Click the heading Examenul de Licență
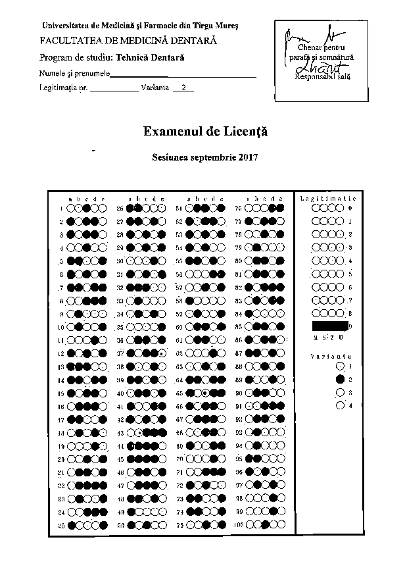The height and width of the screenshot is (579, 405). [205, 132]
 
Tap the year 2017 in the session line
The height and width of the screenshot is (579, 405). [247, 158]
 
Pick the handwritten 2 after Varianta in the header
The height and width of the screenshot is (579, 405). [183, 87]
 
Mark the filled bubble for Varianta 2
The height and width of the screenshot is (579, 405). [339, 379]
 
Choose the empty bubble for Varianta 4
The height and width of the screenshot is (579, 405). [339, 406]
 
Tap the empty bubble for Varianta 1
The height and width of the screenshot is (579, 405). [339, 366]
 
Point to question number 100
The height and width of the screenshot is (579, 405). [239, 526]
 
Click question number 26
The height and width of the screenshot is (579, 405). [120, 209]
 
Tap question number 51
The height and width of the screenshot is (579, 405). [179, 209]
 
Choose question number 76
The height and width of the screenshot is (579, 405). [239, 209]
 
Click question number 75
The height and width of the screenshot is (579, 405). [179, 526]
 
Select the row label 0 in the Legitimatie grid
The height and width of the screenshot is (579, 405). [350, 208]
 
